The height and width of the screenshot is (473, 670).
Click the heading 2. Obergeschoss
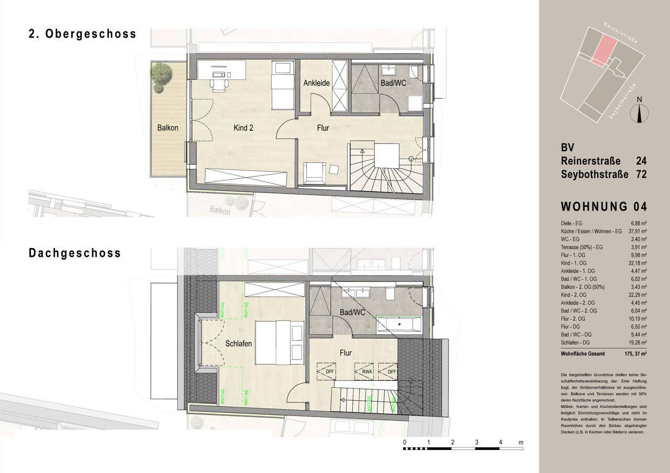click(x=82, y=34)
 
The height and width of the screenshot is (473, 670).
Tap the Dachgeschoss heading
click(x=75, y=253)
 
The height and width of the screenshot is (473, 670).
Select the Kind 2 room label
click(x=243, y=127)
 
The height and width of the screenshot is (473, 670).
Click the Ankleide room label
click(x=316, y=83)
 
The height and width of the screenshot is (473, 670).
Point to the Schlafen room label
click(x=239, y=344)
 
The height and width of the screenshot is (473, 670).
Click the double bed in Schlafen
click(x=280, y=342)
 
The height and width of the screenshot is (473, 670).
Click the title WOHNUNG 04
click(x=604, y=207)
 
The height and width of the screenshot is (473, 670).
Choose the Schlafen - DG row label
click(x=575, y=342)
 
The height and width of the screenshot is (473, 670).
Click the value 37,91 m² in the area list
click(x=636, y=231)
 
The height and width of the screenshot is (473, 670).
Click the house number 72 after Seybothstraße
click(x=641, y=174)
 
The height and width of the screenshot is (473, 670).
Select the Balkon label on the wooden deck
click(x=167, y=128)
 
